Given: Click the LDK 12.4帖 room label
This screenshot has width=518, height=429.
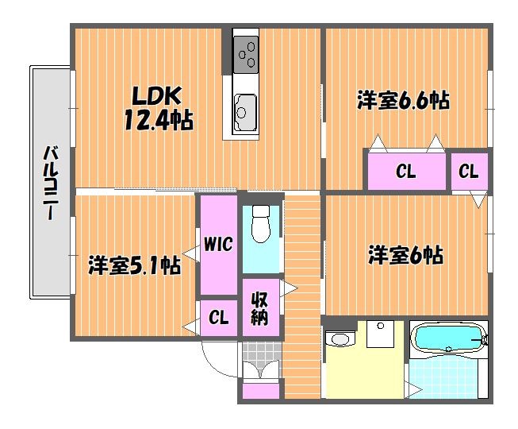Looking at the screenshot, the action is pyautogui.click(x=159, y=108).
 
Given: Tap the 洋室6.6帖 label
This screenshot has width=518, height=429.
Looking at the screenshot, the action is pyautogui.click(x=403, y=100).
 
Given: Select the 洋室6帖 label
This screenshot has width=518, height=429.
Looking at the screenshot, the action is pyautogui.click(x=406, y=255).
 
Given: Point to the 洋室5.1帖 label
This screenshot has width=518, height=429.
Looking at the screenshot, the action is pyautogui.click(x=134, y=265).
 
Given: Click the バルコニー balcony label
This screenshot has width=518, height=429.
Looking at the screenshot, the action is pyautogui.click(x=50, y=183).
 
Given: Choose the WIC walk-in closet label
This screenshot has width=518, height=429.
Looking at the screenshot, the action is pyautogui.click(x=218, y=244).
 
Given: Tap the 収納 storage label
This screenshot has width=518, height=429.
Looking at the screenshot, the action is pyautogui.click(x=259, y=308).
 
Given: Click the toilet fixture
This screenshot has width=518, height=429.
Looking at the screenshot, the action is pyautogui.click(x=261, y=223).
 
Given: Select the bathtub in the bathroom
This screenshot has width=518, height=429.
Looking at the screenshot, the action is pyautogui.click(x=449, y=338).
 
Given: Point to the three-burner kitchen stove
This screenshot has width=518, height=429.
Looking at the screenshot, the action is pyautogui.click(x=245, y=54).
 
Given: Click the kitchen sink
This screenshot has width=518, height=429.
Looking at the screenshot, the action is pyautogui.click(x=245, y=113).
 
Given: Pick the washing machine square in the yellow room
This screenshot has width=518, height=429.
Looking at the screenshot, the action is pyautogui.click(x=380, y=334).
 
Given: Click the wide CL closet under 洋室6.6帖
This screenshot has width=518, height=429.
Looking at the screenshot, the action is pyautogui.click(x=407, y=172).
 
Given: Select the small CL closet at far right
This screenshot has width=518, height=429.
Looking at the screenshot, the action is pyautogui.click(x=470, y=172).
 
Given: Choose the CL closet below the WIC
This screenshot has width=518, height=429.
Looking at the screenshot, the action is pyautogui.click(x=219, y=318).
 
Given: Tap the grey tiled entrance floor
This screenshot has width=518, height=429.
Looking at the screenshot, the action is pyautogui.click(x=263, y=351).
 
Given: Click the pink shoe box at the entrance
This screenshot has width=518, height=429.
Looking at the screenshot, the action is pyautogui.click(x=261, y=391).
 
